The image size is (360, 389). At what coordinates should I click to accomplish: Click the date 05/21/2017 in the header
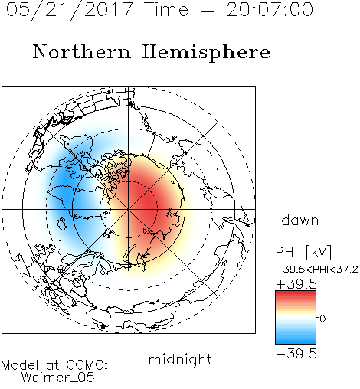point(69,10)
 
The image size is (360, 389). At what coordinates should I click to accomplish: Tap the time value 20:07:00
point(270,10)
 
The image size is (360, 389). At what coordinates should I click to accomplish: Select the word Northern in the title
point(82,52)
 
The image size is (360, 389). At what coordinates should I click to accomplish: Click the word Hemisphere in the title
point(206,53)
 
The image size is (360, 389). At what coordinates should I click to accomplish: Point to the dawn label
point(300,221)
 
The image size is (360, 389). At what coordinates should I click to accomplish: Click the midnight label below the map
point(180,360)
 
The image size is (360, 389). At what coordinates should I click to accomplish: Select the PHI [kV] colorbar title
point(303,252)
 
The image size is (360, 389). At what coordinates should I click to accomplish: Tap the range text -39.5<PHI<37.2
point(317,270)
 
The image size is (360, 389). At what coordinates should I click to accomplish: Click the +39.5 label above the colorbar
point(296,284)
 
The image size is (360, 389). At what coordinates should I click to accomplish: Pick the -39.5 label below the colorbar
point(296,354)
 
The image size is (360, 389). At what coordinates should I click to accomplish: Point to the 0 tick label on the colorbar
point(322,319)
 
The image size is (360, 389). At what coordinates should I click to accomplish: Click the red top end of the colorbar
point(296,293)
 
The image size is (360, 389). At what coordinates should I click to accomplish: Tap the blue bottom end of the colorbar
point(296,342)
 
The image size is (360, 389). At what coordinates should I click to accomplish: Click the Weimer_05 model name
point(58,377)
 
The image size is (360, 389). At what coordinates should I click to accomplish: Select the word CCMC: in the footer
point(87,364)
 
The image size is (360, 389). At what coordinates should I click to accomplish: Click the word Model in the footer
point(20,365)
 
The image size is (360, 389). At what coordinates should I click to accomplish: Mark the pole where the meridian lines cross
point(129,210)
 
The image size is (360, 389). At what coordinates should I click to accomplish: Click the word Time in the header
point(166,9)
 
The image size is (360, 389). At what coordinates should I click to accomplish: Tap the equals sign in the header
point(208,10)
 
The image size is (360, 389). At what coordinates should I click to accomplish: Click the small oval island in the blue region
point(62,224)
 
